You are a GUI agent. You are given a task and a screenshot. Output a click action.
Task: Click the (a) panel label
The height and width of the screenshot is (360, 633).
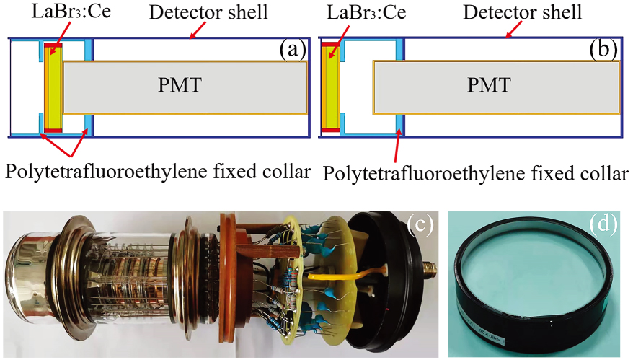293,51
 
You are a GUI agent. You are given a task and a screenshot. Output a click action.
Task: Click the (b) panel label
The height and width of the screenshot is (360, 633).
603,51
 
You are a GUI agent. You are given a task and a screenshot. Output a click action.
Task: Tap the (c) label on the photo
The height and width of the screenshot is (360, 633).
417,226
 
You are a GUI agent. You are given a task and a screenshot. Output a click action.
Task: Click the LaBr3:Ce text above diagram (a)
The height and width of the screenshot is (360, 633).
56,13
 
